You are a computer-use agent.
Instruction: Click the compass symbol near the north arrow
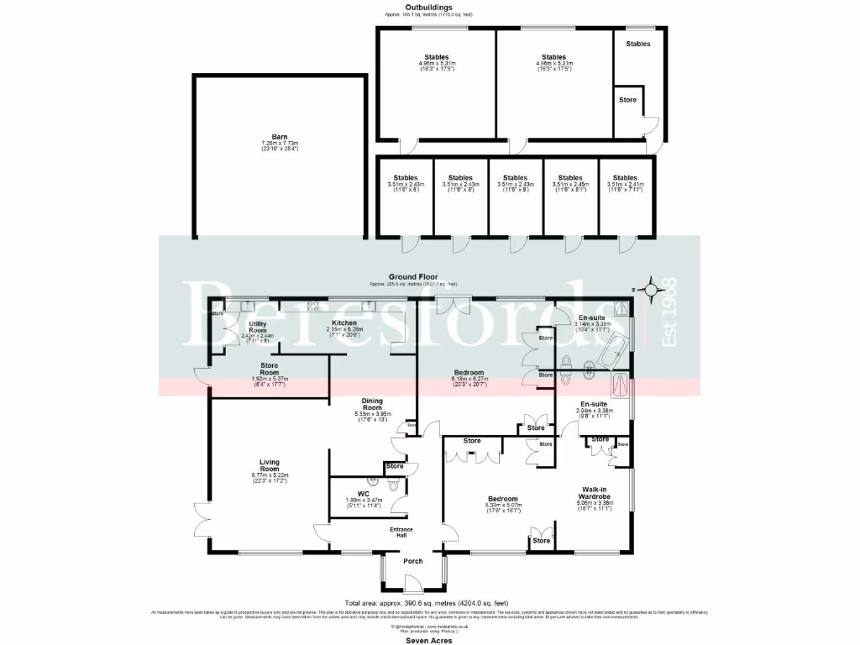pos(648,291)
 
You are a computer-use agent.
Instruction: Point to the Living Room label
pos(269,465)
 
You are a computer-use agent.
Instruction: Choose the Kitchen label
pos(345,322)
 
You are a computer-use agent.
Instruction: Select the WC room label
pos(363,494)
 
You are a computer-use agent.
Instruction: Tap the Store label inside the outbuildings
pos(627,100)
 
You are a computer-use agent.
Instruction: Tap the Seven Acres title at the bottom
pos(429,640)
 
